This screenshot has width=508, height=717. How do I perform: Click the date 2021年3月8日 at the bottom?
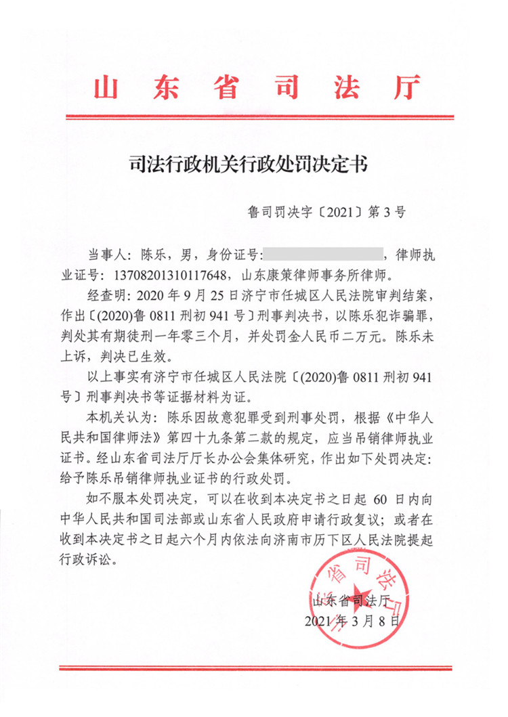coord(350,620)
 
